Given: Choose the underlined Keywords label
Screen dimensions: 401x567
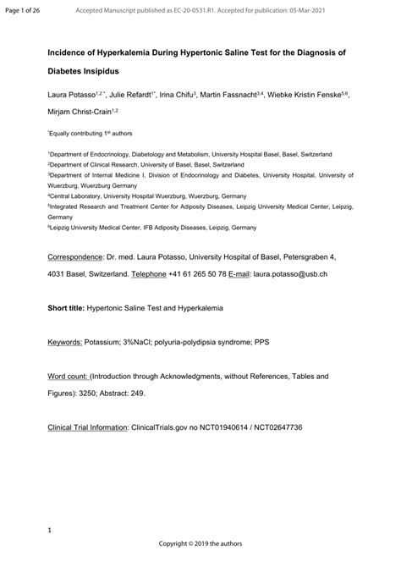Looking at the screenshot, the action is [65, 342].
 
